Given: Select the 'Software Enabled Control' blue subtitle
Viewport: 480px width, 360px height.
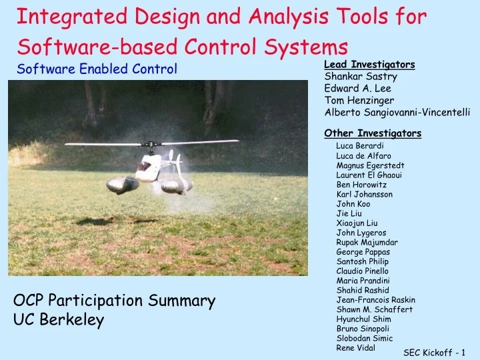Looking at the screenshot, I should (x=97, y=69).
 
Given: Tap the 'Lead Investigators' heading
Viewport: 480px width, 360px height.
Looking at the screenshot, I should (x=369, y=65).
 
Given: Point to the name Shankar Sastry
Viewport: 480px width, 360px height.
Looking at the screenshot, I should (x=355, y=77).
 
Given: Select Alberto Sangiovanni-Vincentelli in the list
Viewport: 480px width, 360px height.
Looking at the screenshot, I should (x=397, y=113).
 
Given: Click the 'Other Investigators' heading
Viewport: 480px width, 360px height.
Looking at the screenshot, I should (x=372, y=133).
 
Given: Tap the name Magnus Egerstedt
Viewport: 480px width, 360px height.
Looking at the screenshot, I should (x=371, y=165).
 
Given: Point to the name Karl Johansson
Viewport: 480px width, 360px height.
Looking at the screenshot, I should (x=364, y=195).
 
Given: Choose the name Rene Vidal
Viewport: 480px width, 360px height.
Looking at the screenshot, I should (x=355, y=348).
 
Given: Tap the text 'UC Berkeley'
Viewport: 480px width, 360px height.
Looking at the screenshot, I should (x=59, y=321).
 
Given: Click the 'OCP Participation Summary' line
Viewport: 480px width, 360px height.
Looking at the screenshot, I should (x=114, y=301).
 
